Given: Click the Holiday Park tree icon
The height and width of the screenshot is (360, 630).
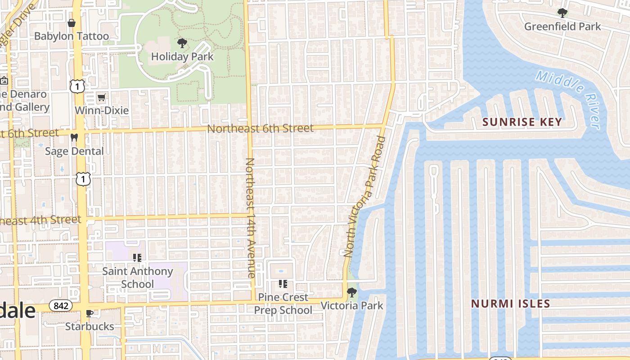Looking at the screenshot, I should tap(182, 43).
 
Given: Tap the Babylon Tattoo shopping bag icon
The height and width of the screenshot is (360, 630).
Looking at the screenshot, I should tap(71, 23).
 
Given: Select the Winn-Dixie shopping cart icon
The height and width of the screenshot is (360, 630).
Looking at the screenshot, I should tap(102, 97).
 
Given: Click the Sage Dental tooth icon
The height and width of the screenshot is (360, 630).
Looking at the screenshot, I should tap(74, 138).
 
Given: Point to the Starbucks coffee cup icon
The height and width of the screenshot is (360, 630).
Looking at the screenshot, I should tap(90, 313).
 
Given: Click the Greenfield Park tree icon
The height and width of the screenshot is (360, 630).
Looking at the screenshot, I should tap(562, 13).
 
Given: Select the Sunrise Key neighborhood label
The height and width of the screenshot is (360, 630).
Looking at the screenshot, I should tap(522, 122).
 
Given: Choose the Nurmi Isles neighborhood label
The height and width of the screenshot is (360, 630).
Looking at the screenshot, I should tap(510, 304).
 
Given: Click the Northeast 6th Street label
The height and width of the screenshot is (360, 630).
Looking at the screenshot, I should tap(260, 129).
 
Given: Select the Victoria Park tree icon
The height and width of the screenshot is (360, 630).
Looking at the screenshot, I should tap(352, 292).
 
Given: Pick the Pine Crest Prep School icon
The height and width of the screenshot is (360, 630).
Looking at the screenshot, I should tap(283, 284).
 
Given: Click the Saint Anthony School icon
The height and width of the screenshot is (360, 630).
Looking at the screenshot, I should tap(137, 258).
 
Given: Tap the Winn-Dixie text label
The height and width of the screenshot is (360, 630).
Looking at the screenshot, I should tap(102, 110).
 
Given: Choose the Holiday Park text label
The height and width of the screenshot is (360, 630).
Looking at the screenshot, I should tap(182, 57).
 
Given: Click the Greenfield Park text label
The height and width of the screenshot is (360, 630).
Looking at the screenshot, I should tap(562, 27).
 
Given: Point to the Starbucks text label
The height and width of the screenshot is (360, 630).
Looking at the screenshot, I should tap(90, 326).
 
